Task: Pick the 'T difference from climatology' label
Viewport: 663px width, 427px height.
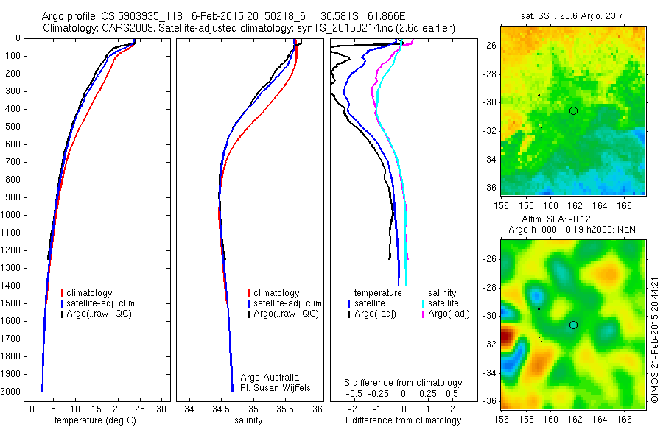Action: coord(404,420)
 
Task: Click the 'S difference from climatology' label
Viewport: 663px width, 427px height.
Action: coord(404,383)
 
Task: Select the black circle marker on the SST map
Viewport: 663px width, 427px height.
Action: coord(573,110)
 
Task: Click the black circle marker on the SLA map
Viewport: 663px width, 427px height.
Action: coord(573,325)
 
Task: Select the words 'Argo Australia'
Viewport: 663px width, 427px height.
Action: coord(270,377)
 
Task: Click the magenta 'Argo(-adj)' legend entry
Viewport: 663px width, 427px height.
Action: coord(449,314)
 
